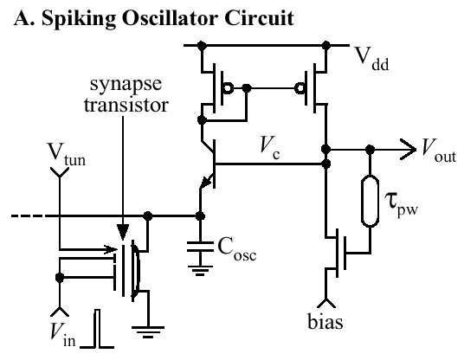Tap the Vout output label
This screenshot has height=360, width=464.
tap(439, 151)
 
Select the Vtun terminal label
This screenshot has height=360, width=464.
tap(67, 154)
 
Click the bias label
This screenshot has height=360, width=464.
tap(325, 321)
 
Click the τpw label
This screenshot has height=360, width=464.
tap(401, 204)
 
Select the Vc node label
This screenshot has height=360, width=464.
tap(269, 148)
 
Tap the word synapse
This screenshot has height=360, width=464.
tap(126, 85)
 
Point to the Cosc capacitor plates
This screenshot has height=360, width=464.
tap(200, 247)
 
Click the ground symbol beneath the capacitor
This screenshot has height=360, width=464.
tap(200, 270)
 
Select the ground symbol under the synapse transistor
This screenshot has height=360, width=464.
tap(148, 332)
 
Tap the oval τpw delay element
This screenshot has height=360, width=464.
tap(370, 201)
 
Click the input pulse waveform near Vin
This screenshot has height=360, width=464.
tap(97, 329)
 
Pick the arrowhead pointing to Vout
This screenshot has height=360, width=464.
tap(408, 150)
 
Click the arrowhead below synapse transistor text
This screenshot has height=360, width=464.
tap(123, 232)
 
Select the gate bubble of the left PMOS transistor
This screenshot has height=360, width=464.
tap(228, 88)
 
